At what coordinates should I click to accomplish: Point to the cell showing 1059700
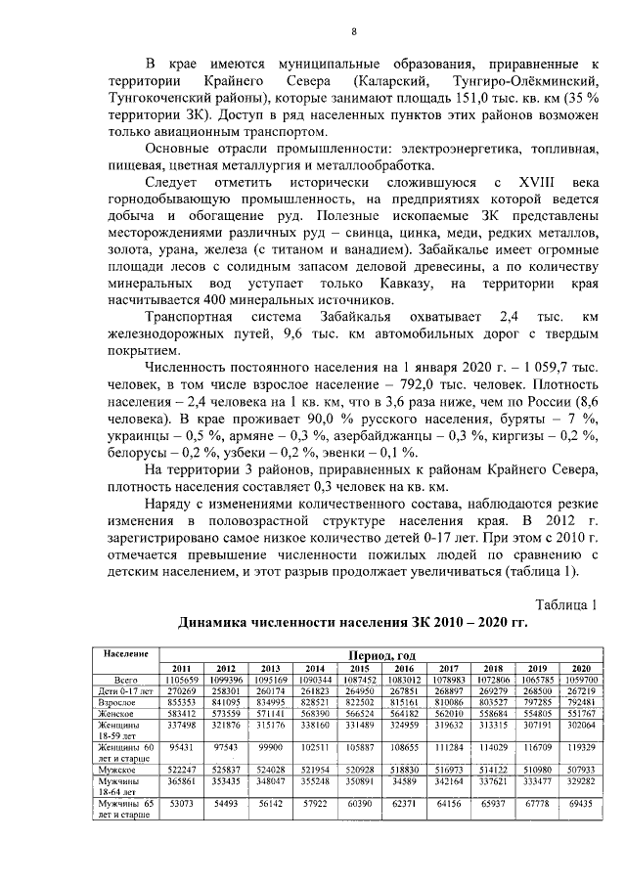pos(581,679)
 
